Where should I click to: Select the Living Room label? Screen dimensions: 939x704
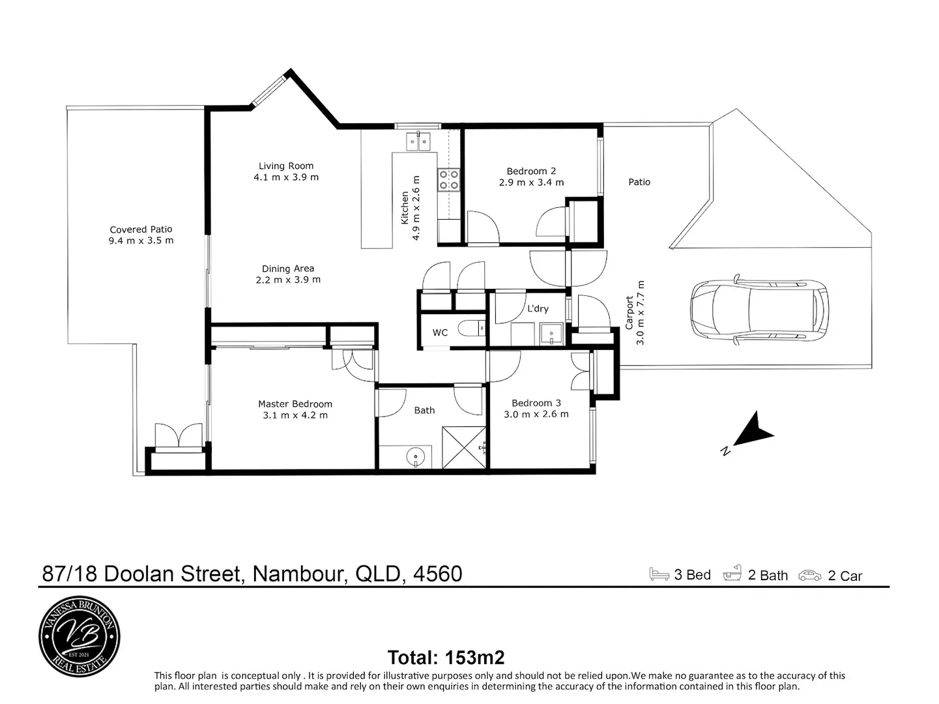(x=286, y=166)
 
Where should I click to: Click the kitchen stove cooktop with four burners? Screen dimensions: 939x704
(x=448, y=180)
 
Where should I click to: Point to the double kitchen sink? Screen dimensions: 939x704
(x=418, y=141)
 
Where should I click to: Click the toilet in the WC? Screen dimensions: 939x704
(x=471, y=329)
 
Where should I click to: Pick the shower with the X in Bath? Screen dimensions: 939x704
(x=464, y=447)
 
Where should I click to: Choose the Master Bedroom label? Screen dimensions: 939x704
(x=295, y=404)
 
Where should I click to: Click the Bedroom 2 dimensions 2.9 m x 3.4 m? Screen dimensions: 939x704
(x=531, y=183)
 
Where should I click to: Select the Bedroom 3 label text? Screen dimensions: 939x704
(x=536, y=403)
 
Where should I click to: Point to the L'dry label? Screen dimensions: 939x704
(x=538, y=308)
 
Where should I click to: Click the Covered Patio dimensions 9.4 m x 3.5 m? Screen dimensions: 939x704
(x=141, y=241)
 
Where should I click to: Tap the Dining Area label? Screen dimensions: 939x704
(x=288, y=269)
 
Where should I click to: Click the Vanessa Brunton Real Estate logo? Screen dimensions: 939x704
(x=79, y=636)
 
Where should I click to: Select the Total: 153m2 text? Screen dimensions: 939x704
(x=446, y=657)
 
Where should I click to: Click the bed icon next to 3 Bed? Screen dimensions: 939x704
(x=659, y=574)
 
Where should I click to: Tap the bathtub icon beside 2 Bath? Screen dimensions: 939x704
(x=732, y=574)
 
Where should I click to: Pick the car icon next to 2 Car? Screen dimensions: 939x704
(x=810, y=575)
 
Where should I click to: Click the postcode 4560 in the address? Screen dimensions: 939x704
(x=438, y=574)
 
